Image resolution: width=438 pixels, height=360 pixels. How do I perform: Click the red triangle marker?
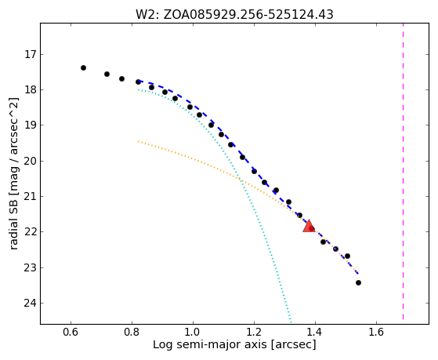point(309,227)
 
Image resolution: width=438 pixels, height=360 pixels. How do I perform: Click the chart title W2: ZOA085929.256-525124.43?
point(234,14)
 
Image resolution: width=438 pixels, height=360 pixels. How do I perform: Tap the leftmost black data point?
point(83,67)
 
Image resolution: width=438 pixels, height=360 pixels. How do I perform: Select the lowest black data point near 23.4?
point(358,283)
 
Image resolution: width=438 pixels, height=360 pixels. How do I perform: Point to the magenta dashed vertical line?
point(403,171)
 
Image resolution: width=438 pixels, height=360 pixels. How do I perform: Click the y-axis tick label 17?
point(31,54)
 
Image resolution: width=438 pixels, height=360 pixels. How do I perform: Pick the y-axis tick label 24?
point(30,304)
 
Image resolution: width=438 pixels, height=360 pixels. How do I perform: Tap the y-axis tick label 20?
point(30,161)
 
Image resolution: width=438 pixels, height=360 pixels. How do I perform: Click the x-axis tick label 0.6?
point(71,332)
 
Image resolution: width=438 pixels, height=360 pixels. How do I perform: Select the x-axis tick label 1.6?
point(376,332)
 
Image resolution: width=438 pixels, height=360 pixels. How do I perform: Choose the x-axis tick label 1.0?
point(193,332)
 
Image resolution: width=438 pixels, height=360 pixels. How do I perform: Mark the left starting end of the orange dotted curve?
point(138,141)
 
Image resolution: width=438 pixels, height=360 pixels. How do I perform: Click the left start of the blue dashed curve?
point(139,81)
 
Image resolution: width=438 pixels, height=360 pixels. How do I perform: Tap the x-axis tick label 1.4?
point(315,332)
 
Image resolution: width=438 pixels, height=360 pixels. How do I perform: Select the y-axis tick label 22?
point(30,232)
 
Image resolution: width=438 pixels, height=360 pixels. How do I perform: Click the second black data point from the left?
point(107,74)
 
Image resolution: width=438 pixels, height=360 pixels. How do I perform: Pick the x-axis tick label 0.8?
point(132,332)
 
